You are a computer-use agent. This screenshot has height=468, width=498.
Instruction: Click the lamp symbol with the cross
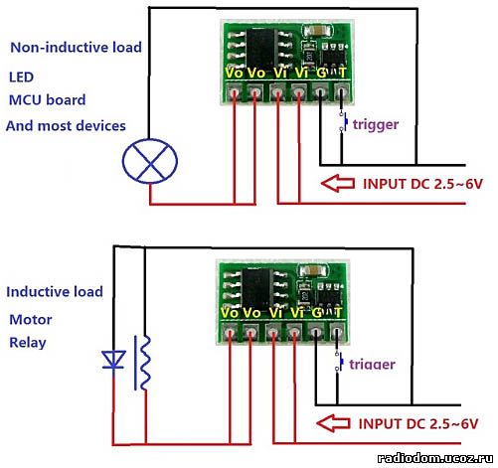coord(150,161)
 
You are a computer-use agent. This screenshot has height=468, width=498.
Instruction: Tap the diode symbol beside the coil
coord(113,360)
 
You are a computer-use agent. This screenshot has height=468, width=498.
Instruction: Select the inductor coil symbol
coord(143,363)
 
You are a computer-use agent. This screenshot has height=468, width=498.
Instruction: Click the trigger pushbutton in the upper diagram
coord(343,123)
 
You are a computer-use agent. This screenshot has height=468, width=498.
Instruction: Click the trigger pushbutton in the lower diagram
coord(339,363)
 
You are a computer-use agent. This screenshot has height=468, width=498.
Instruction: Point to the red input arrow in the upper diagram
coord(338,183)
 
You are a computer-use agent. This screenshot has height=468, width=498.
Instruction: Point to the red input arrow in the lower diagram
coord(333,423)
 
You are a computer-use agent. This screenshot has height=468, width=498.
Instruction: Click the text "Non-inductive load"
coord(76,48)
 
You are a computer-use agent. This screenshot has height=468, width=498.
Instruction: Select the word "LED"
coord(21,78)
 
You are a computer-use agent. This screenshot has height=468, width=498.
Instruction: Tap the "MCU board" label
coord(47,100)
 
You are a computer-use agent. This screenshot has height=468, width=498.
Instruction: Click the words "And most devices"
coord(66,126)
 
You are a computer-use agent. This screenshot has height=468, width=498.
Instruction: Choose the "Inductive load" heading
coord(55,292)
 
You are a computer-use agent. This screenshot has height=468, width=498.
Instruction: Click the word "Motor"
coord(31,320)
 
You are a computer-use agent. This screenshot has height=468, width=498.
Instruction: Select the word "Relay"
coord(28,343)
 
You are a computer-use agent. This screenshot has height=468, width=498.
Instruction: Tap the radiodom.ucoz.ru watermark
coord(434,458)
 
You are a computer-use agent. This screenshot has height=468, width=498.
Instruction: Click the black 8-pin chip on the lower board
coord(258,288)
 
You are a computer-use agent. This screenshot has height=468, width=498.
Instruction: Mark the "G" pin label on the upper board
coord(321,73)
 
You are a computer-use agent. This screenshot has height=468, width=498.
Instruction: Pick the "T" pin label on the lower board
coord(337,312)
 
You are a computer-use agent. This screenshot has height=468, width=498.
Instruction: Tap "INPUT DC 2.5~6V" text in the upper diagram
coord(422,184)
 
